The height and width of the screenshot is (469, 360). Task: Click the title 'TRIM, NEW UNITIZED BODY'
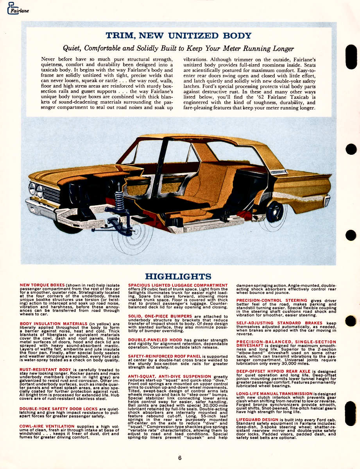pyautogui.click(x=178, y=36)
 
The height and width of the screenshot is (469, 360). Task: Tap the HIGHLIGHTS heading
pyautogui.click(x=178, y=277)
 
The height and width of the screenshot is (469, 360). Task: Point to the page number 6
pyautogui.click(x=179, y=458)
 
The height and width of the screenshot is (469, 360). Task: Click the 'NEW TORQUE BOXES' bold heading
pyautogui.click(x=43, y=285)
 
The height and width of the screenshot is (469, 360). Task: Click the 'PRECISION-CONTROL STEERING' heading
pyautogui.click(x=272, y=300)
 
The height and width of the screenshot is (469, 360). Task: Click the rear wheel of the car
pyautogui.click(x=275, y=211)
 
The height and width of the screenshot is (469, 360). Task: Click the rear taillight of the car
pyautogui.click(x=327, y=200)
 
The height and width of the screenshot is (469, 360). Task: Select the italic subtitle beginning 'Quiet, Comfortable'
pyautogui.click(x=178, y=48)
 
